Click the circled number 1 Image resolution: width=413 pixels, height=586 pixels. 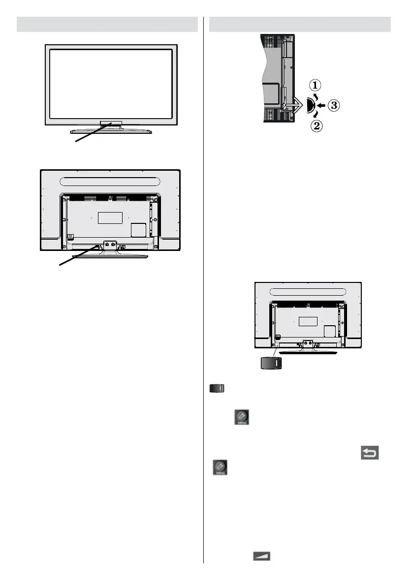tap(316, 85)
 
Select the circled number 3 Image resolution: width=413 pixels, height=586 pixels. tap(335, 105)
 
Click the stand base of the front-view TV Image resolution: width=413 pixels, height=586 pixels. tap(111, 131)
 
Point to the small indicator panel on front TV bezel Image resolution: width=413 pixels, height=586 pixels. tap(111, 123)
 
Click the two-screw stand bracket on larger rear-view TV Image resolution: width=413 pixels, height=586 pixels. tap(110, 245)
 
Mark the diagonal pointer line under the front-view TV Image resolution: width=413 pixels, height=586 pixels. tap(91, 133)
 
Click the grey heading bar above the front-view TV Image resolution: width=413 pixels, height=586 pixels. tap(107, 24)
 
